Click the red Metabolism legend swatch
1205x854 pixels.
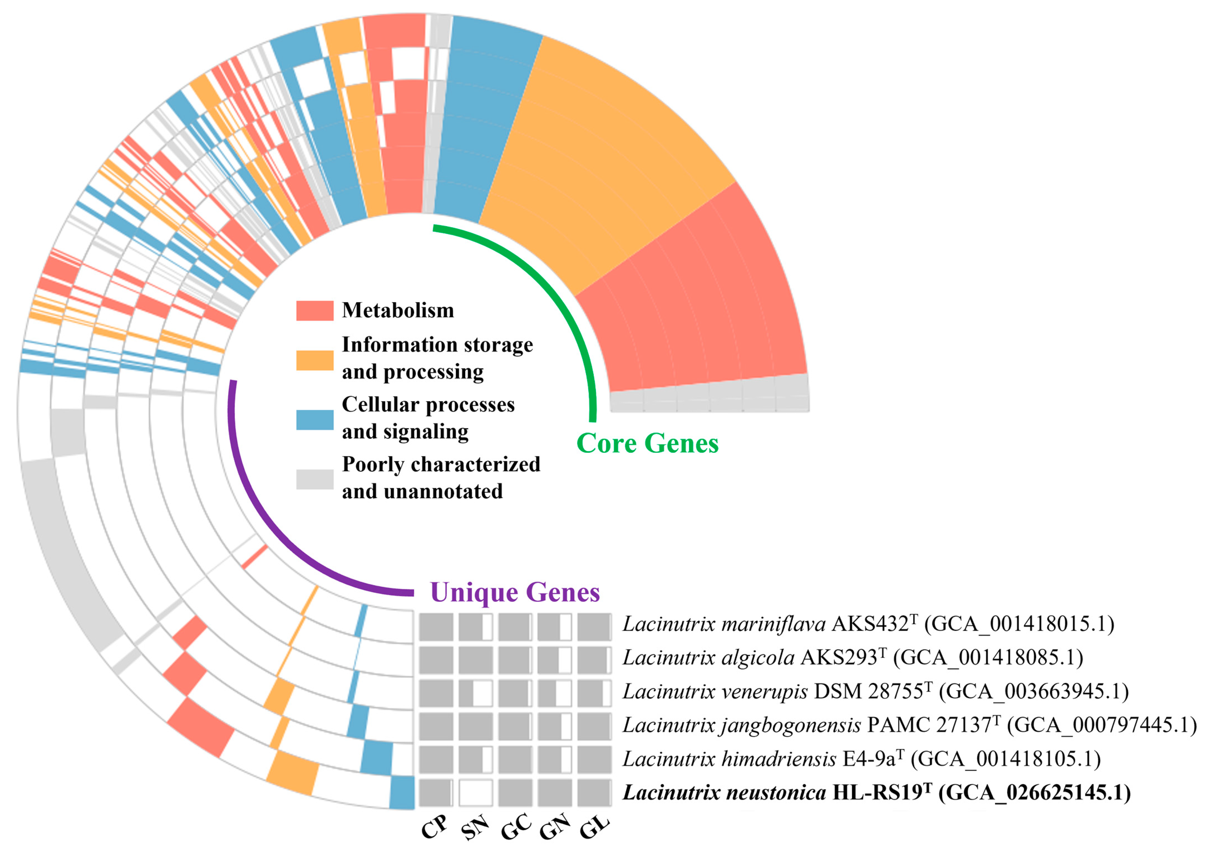[x=314, y=310]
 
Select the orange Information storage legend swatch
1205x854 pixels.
[x=314, y=360]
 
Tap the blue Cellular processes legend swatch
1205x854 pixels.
[x=314, y=420]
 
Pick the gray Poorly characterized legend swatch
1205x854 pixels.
[x=314, y=479]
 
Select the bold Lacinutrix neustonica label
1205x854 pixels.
[x=724, y=793]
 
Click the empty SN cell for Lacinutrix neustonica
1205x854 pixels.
[x=475, y=793]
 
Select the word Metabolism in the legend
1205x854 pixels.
[x=398, y=310]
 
